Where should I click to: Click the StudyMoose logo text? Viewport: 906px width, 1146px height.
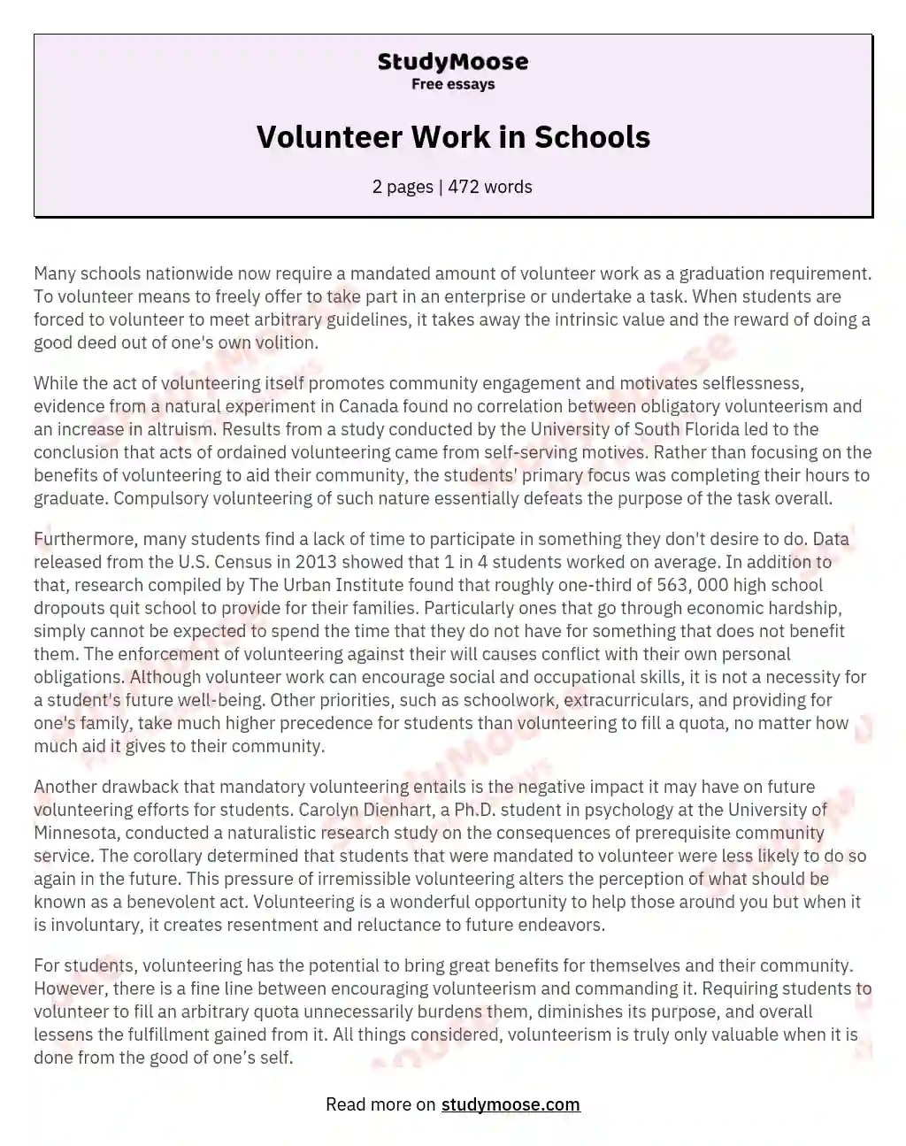tap(453, 61)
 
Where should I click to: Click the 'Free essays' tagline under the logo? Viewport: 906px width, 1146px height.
tap(453, 84)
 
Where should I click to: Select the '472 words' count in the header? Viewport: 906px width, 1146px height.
tap(490, 187)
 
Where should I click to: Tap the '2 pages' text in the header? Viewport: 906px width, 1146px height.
tap(403, 187)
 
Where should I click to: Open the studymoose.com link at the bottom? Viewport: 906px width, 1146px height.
tap(511, 1104)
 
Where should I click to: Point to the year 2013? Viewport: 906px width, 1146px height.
tap(316, 562)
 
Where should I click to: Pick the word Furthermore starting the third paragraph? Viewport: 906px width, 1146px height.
tap(84, 539)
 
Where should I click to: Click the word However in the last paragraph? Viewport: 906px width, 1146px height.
tap(67, 988)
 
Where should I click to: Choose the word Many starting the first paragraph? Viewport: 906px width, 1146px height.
tap(53, 273)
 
